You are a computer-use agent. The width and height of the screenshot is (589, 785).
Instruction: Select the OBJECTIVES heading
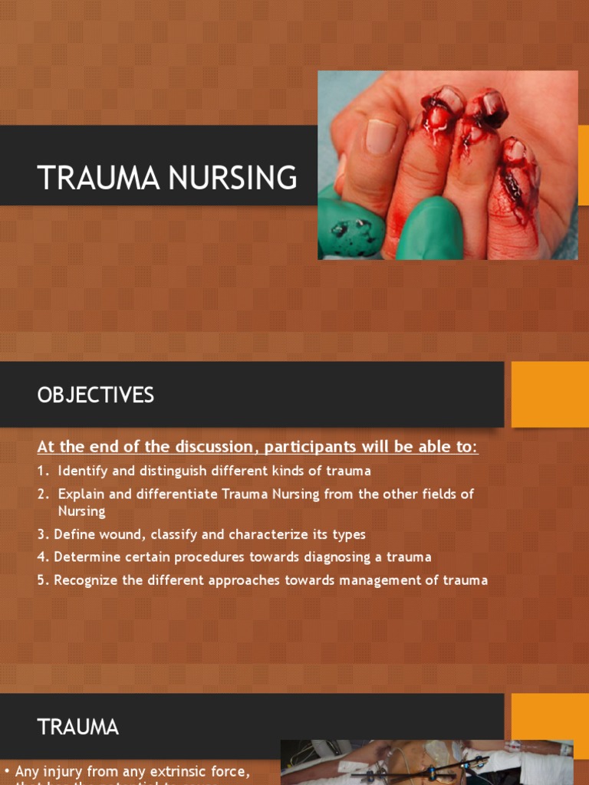click(95, 395)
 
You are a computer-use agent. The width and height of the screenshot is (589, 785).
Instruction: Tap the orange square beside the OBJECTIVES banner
click(550, 394)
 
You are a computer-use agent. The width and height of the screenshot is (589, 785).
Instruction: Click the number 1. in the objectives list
click(44, 471)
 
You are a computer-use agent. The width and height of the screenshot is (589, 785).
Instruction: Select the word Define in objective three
click(72, 534)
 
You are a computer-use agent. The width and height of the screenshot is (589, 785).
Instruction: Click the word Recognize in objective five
click(86, 580)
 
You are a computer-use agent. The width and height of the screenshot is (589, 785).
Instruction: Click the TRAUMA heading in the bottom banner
click(78, 727)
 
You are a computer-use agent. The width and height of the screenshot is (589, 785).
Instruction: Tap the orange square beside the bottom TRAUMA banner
click(550, 724)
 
